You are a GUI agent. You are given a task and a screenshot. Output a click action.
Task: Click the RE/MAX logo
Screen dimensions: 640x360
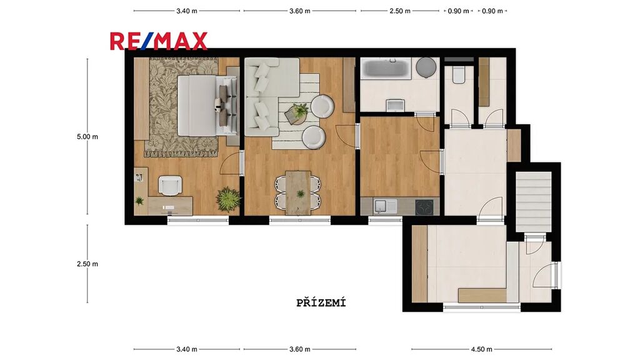click(158, 41)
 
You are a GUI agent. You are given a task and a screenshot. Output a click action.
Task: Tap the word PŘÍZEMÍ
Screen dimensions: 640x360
click(321, 303)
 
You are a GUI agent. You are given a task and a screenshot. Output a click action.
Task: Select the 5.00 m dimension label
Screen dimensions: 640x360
click(87, 137)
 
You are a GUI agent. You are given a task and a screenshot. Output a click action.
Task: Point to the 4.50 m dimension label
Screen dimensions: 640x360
click(482, 349)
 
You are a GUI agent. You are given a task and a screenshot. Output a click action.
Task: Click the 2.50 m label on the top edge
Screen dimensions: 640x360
click(399, 11)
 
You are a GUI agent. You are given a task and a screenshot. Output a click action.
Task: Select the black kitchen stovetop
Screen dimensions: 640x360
click(424, 207)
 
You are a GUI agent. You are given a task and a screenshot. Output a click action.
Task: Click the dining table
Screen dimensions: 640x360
click(298, 192)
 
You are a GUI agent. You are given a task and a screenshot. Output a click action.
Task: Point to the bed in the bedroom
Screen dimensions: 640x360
click(207, 105)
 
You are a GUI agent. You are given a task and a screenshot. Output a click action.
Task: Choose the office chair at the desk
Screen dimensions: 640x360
click(170, 185)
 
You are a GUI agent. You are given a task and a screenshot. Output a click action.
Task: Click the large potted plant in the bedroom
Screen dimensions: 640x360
click(227, 199)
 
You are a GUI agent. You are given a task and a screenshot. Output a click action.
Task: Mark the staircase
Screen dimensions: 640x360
click(534, 202)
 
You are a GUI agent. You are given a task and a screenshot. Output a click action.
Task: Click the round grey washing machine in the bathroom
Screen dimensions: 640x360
click(426, 67)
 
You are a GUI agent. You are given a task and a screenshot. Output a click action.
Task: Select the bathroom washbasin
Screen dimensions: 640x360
click(395, 105)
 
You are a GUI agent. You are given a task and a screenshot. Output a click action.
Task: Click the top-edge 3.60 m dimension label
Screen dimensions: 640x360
click(299, 11)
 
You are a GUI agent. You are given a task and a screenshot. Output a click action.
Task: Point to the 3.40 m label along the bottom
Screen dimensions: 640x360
click(186, 349)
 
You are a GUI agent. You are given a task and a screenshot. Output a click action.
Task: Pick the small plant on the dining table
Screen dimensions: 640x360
click(301, 194)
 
